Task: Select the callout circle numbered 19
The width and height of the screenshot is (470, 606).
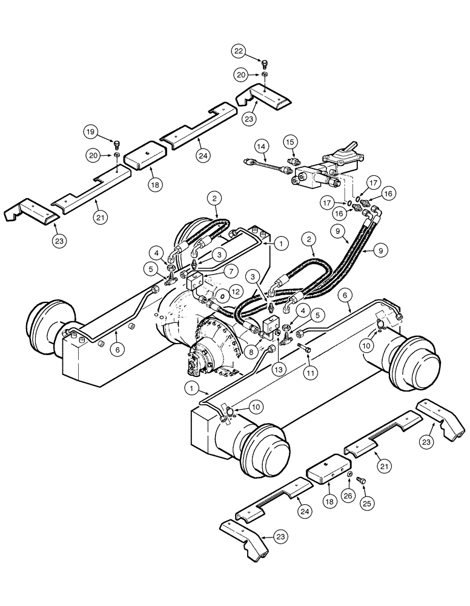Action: click(90, 132)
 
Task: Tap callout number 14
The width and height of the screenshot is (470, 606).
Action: click(260, 147)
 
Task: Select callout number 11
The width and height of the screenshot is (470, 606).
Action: click(310, 374)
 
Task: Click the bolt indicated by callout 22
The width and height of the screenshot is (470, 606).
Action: click(265, 62)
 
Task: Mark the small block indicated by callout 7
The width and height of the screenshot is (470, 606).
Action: click(195, 281)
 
